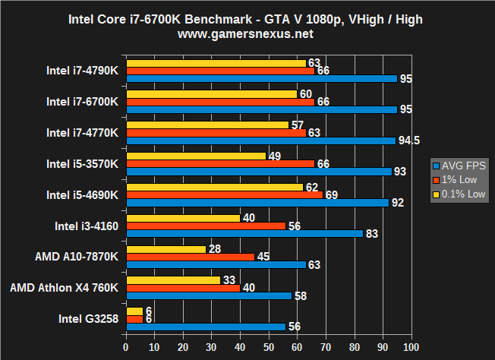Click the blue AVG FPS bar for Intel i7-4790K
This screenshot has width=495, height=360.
click(x=261, y=78)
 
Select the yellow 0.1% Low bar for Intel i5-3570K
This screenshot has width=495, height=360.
click(x=196, y=156)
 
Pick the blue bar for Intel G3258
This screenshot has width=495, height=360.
click(x=206, y=326)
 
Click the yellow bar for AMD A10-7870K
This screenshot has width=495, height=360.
click(x=166, y=248)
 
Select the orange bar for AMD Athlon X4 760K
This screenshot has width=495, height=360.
click(x=183, y=288)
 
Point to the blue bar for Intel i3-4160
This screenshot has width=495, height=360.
click(x=245, y=233)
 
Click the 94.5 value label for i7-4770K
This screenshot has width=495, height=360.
click(x=413, y=141)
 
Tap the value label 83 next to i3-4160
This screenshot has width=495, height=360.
click(x=372, y=233)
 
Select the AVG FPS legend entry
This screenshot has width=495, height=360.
click(x=461, y=166)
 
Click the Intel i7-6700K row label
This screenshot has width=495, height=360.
click(x=82, y=101)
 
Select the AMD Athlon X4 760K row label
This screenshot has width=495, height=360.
click(x=65, y=288)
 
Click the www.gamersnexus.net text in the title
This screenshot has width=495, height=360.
click(x=247, y=34)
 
